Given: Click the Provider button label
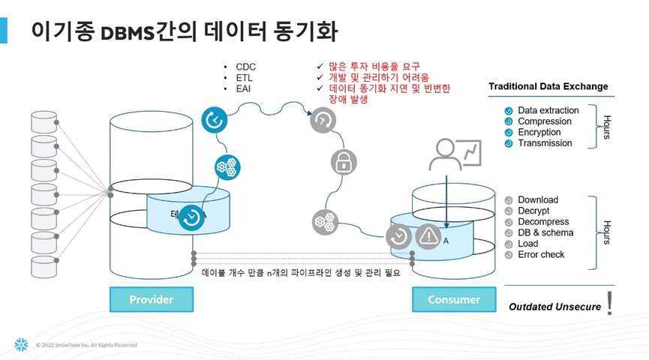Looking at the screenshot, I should pyautogui.click(x=152, y=299).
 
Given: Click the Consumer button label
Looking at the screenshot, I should pyautogui.click(x=453, y=299).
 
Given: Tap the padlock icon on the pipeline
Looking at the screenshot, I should pyautogui.click(x=343, y=161).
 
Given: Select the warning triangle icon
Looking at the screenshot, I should pyautogui.click(x=428, y=236).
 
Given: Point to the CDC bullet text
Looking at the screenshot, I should pyautogui.click(x=245, y=67).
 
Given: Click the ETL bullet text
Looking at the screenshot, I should pyautogui.click(x=245, y=78).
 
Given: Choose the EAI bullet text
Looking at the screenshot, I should pyautogui.click(x=245, y=89).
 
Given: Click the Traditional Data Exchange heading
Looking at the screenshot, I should pyautogui.click(x=548, y=86).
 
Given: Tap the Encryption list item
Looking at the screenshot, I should pyautogui.click(x=539, y=132).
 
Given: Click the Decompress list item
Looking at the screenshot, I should pyautogui.click(x=543, y=222).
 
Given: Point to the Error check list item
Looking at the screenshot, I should pyautogui.click(x=541, y=254).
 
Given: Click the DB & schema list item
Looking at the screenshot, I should pyautogui.click(x=545, y=232).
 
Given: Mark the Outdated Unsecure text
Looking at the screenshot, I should pyautogui.click(x=554, y=306).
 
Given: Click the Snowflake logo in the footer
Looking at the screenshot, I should pyautogui.click(x=21, y=345).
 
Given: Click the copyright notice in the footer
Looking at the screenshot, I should pyautogui.click(x=86, y=345).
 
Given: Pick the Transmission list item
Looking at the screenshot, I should pyautogui.click(x=545, y=142).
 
